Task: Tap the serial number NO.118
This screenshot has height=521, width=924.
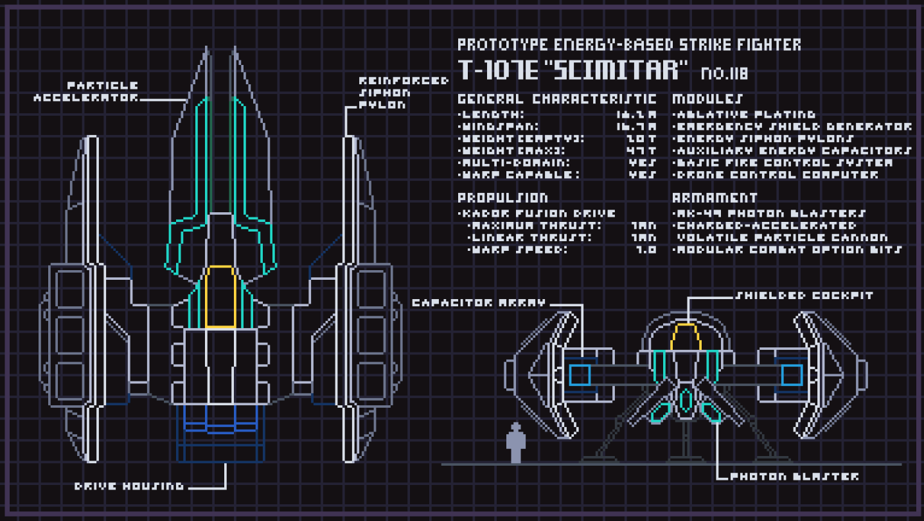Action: point(724,73)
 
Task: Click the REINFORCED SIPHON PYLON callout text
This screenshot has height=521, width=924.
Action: point(404,91)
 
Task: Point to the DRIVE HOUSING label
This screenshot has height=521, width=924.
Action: point(129,486)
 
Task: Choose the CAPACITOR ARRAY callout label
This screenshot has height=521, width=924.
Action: point(478,303)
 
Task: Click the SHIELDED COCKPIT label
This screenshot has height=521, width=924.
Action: point(804,295)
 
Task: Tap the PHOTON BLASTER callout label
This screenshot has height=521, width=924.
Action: point(794,477)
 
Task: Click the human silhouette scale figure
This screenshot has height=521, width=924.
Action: point(515,442)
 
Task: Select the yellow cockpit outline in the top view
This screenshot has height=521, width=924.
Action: point(220,296)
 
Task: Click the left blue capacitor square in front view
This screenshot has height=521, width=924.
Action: point(580,374)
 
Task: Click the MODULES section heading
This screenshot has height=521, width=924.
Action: point(707,99)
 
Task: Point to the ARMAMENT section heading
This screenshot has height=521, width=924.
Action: point(715,198)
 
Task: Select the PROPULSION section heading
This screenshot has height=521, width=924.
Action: point(502,198)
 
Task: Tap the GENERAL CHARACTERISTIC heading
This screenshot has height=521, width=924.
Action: point(556,99)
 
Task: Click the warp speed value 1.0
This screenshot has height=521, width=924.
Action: point(646,250)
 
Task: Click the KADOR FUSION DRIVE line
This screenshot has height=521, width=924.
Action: point(537,214)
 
